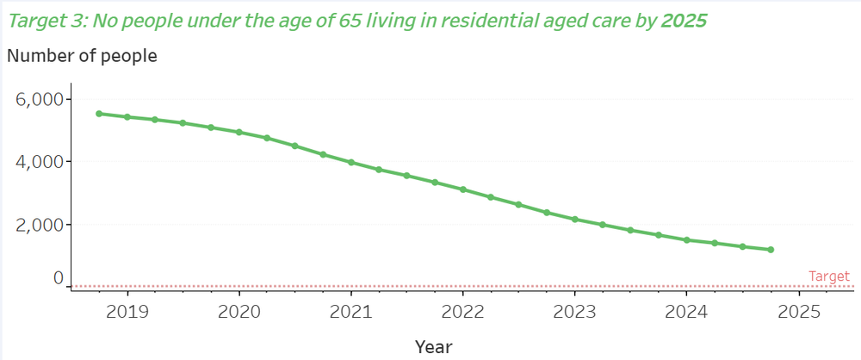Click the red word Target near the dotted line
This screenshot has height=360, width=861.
pos(829,276)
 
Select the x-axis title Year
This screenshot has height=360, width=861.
pos(433,346)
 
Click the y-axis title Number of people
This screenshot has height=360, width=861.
pos(83,57)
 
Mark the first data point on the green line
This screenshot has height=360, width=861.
pos(99,114)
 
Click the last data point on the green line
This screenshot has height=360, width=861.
pos(771,250)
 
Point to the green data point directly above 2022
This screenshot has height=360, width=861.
pos(462,189)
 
